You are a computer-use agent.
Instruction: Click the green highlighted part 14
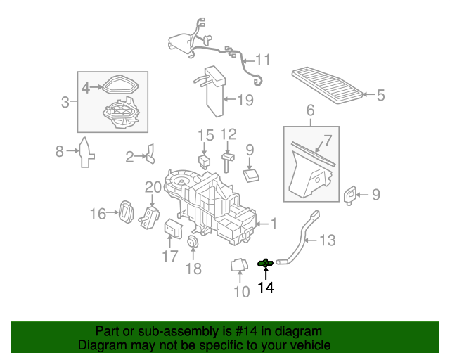click(266, 263)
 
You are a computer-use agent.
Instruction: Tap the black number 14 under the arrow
click(266, 288)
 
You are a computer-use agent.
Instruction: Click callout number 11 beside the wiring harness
click(262, 60)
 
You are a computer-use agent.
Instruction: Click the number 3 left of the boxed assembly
click(65, 103)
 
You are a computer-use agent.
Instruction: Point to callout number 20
click(153, 187)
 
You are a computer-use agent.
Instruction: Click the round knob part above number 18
click(193, 243)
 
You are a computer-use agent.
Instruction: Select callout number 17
click(170, 256)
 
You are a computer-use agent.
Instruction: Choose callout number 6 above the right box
click(310, 111)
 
